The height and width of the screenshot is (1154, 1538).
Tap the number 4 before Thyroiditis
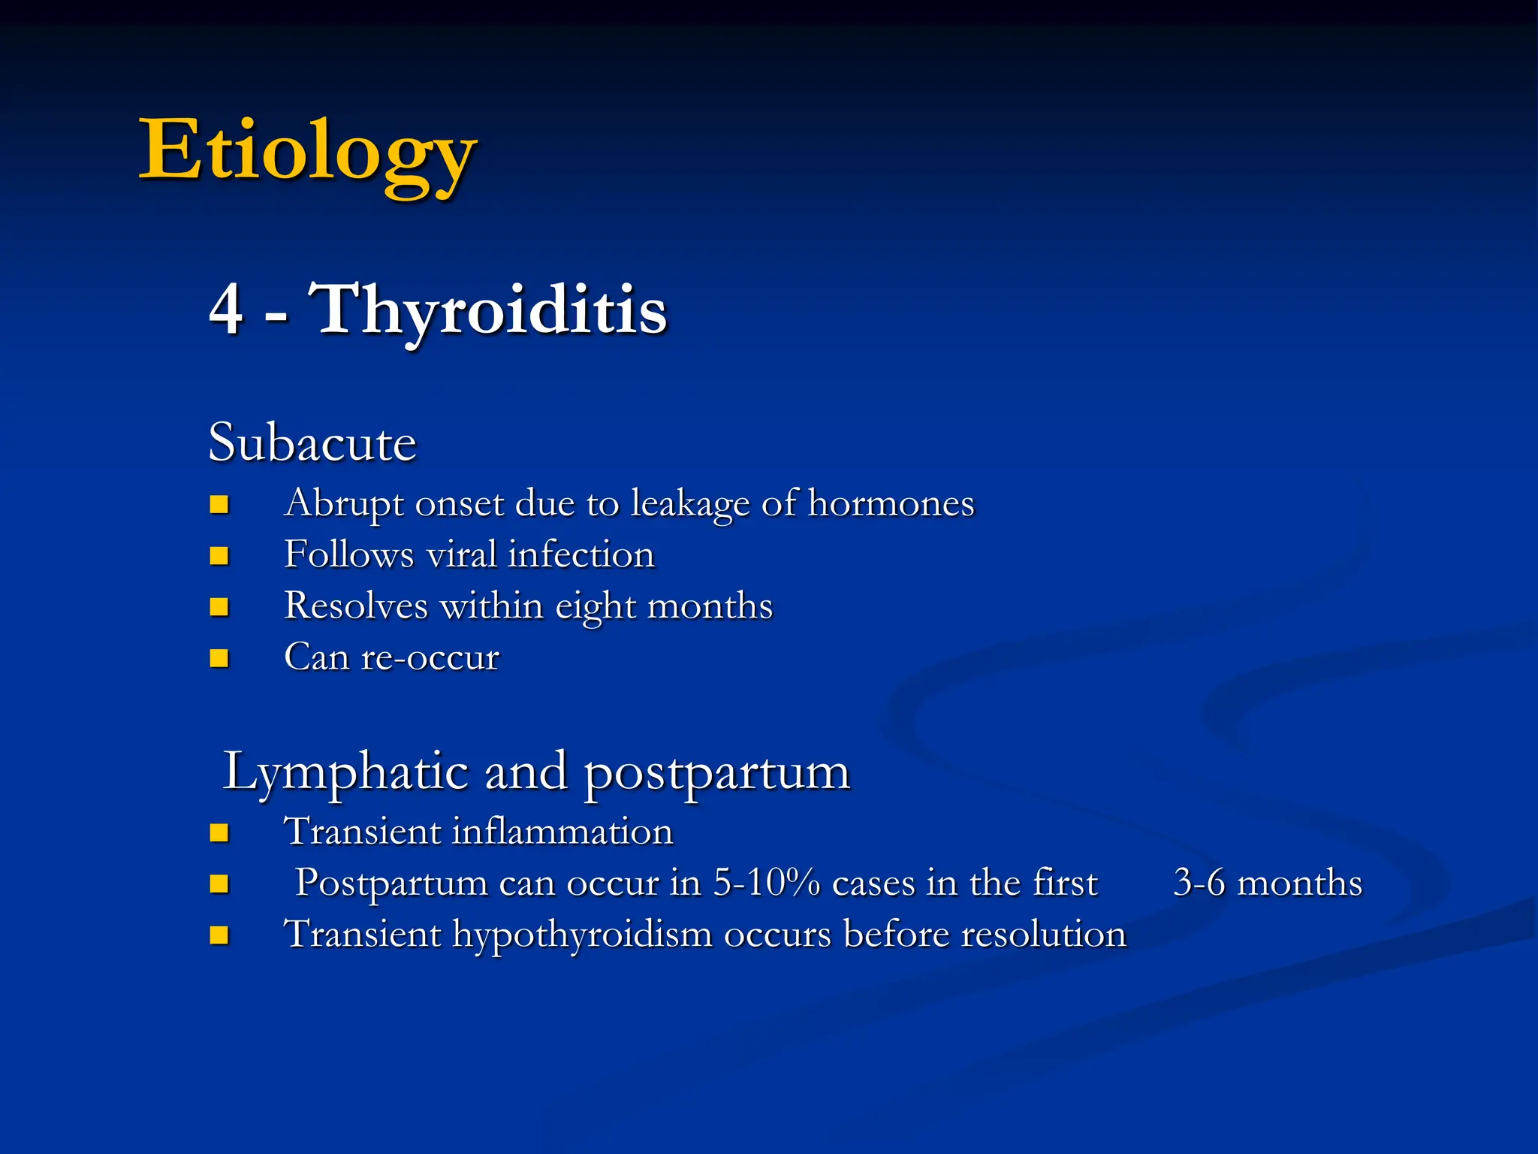[x=226, y=310]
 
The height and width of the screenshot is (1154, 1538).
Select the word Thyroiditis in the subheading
[x=488, y=310]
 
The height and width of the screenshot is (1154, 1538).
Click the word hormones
[x=891, y=503]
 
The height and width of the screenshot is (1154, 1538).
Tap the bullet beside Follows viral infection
[x=219, y=556]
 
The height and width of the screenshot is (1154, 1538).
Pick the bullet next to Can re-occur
[x=219, y=659]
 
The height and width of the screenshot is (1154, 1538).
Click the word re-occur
[x=430, y=657]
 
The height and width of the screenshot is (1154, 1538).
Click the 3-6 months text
[x=1267, y=883]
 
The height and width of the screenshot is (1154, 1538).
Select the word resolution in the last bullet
[x=1044, y=935]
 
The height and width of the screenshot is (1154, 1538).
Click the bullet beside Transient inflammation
[x=219, y=832]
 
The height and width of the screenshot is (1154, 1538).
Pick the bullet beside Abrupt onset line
[x=219, y=504]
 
